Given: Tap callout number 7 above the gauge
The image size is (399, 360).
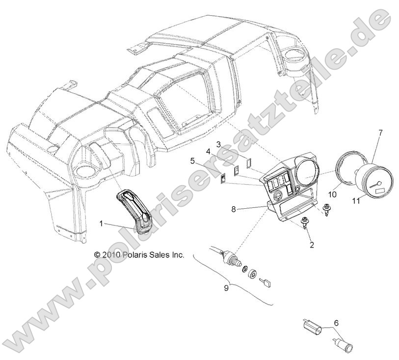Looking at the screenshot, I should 380,133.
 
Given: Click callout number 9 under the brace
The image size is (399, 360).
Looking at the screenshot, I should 226,288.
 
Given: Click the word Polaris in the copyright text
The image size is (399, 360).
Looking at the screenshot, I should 133,255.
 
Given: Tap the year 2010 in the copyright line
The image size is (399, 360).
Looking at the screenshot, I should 111,255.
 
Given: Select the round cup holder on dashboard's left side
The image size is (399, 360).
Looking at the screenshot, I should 84,173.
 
